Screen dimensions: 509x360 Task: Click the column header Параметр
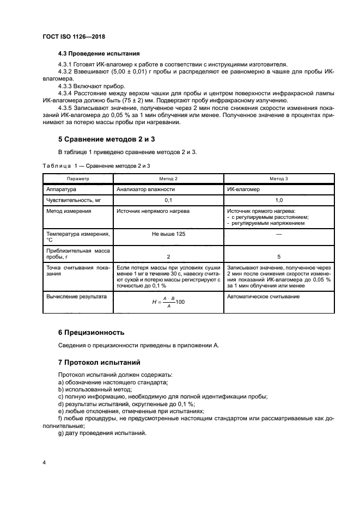tap(77, 178)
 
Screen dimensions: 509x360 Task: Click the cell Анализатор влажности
tap(145, 189)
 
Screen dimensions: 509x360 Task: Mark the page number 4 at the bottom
tap(44, 463)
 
